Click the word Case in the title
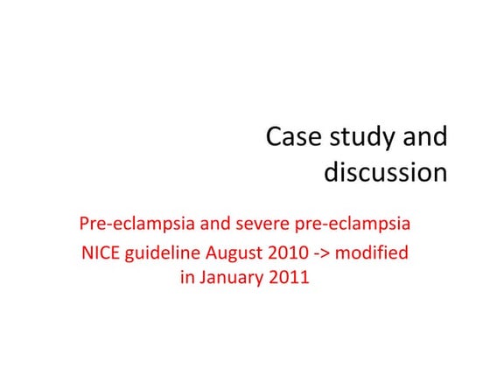tap(294, 138)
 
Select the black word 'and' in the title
tap(424, 138)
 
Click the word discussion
tap(386, 172)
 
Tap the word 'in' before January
tap(186, 281)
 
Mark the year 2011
tap(291, 281)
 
